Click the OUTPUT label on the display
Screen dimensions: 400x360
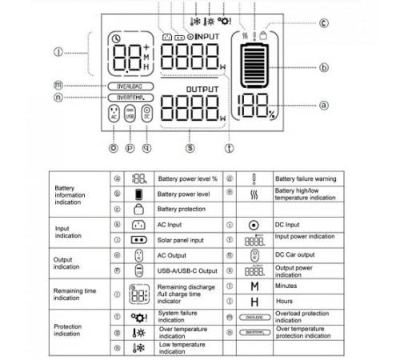[x=202, y=88]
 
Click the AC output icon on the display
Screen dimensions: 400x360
[x=113, y=114]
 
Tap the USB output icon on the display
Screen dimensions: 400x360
[x=130, y=114]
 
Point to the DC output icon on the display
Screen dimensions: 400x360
[x=146, y=114]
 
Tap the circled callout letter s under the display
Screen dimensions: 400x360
[x=190, y=146]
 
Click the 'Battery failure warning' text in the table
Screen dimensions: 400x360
[x=306, y=178]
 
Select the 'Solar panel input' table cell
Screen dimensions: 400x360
[x=182, y=240]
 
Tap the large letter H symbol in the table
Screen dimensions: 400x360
[x=254, y=301]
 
